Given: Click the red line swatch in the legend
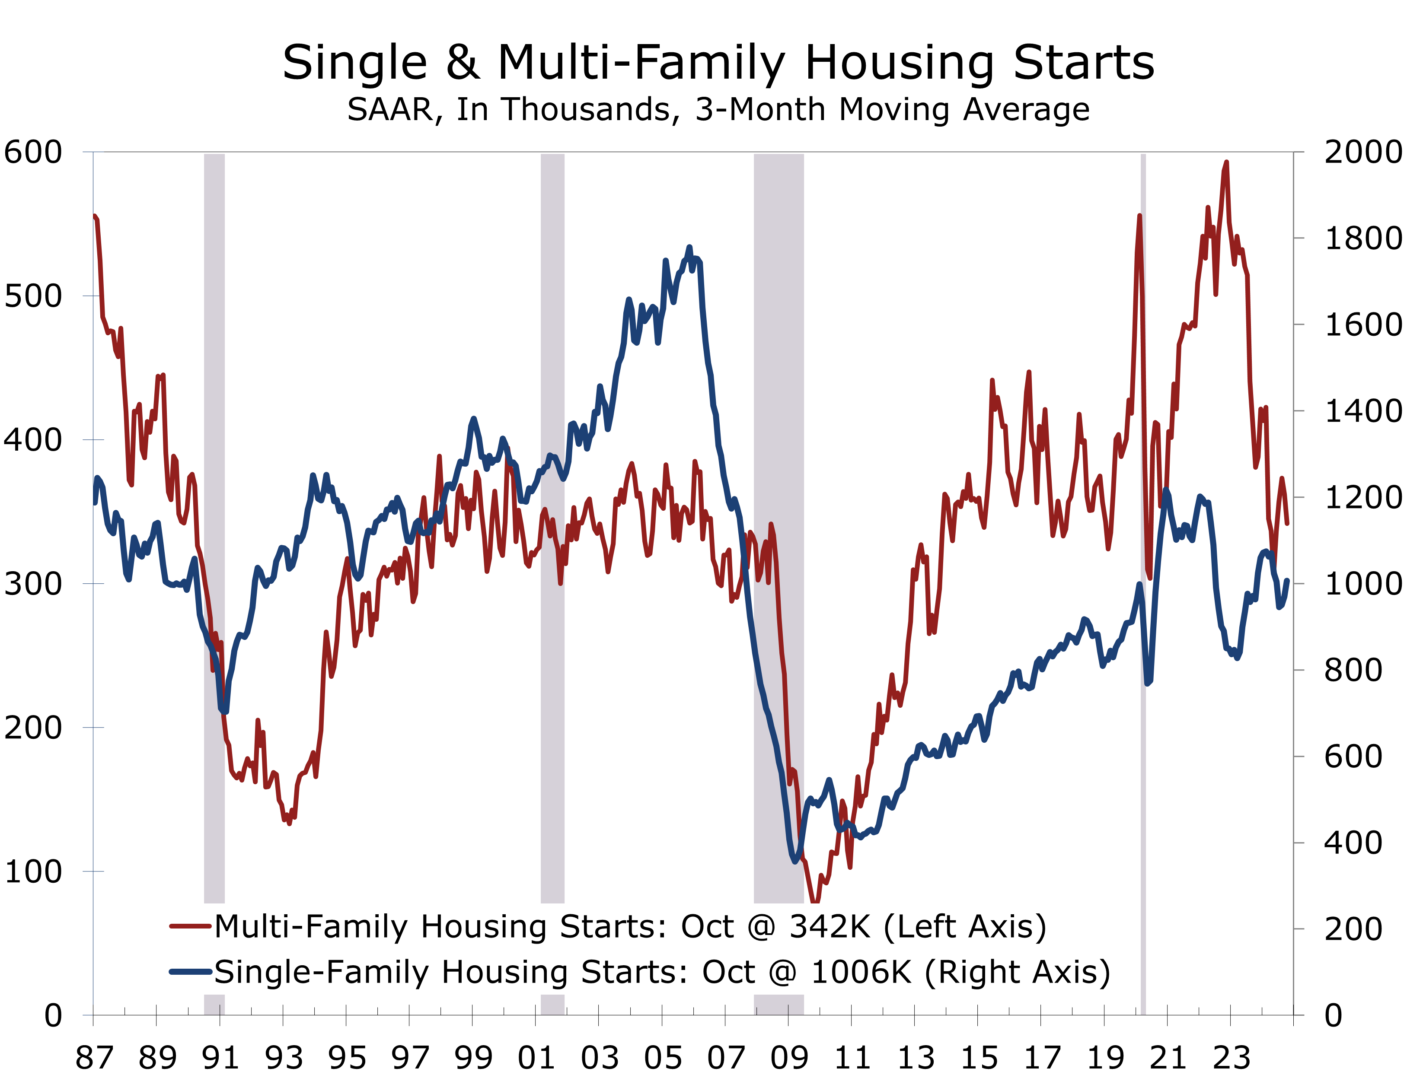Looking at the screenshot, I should click(x=190, y=926).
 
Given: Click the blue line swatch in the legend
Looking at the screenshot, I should click(x=190, y=971).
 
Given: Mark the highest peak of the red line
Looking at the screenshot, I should click(x=1226, y=162).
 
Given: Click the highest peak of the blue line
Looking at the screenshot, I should click(x=689, y=247).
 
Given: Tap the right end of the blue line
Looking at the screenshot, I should click(x=1287, y=581).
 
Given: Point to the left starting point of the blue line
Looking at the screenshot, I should click(x=95, y=502).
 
